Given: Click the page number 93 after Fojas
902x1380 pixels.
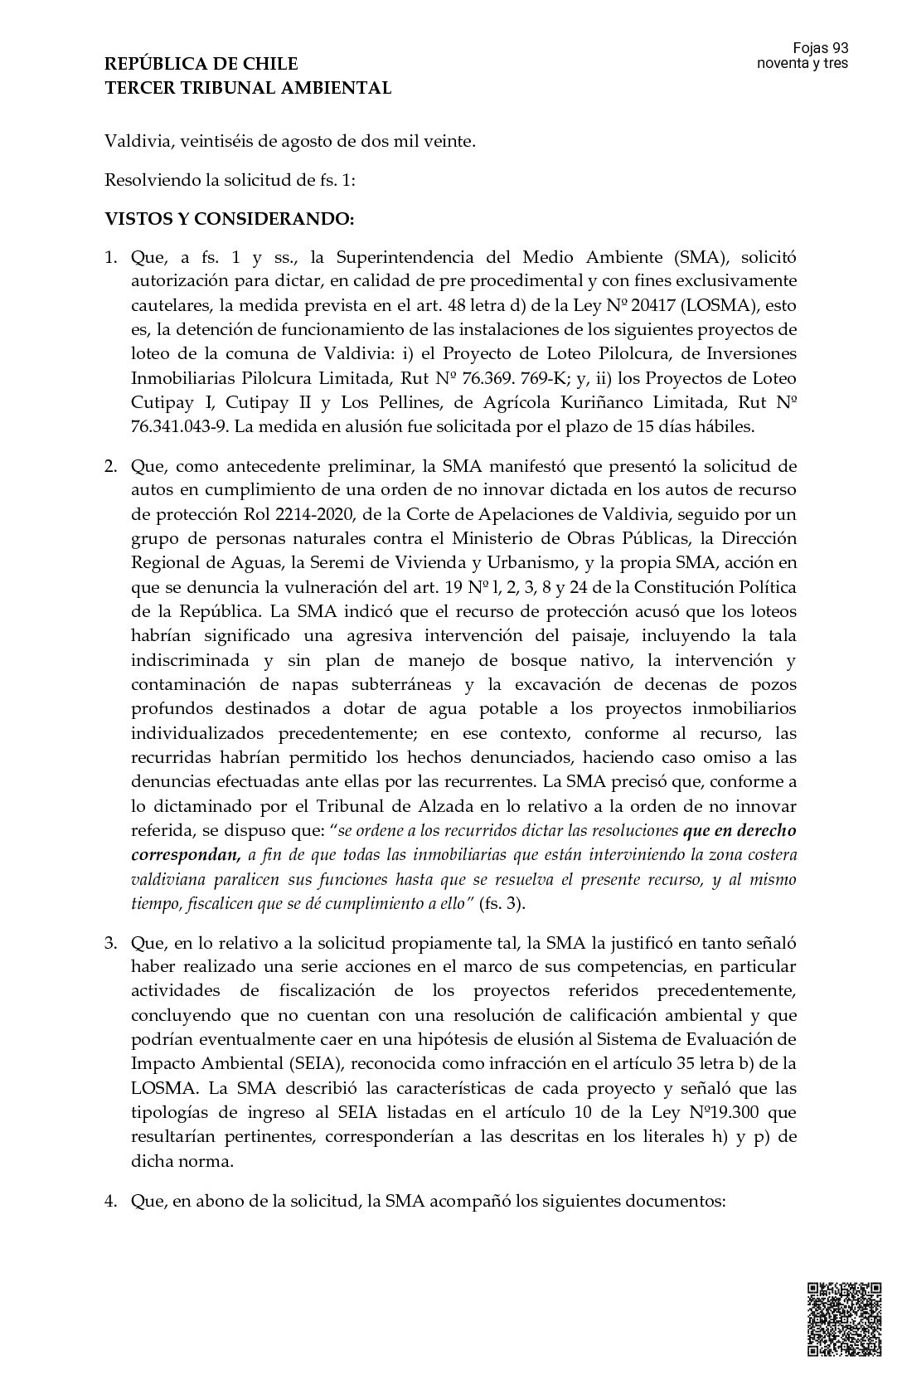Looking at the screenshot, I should click(839, 49).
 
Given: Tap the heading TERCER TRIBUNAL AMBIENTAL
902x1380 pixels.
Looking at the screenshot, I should click(248, 88).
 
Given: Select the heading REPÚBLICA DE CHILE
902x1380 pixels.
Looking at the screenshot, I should click(201, 64).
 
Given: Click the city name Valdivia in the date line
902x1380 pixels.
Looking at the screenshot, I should click(134, 141).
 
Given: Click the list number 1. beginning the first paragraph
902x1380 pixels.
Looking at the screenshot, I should click(112, 257).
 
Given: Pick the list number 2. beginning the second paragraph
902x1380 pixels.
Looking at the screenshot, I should click(112, 464).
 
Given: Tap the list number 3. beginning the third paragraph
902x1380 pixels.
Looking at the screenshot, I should click(112, 943).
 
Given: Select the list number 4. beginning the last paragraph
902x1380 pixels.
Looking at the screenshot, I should click(112, 1200).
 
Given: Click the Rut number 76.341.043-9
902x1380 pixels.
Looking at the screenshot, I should click(178, 427).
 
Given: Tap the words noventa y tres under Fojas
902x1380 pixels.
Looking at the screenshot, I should click(803, 64).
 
